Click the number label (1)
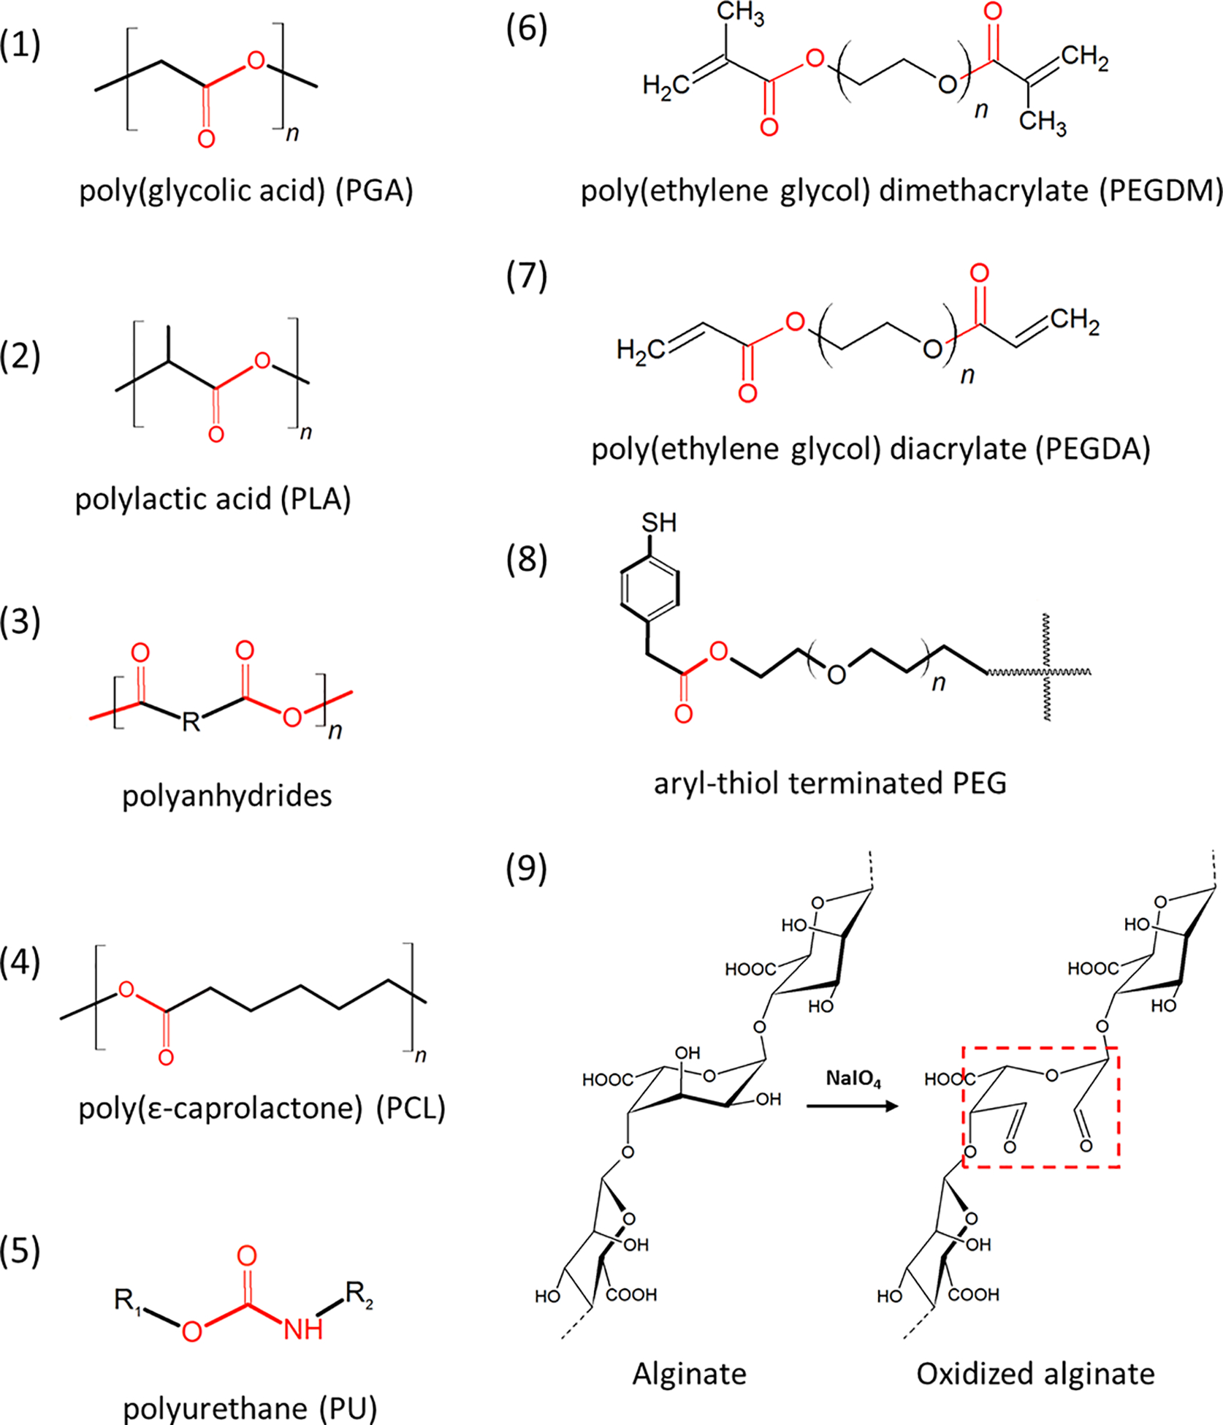coord(20,45)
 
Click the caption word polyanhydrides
coord(226,796)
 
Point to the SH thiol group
coord(658,522)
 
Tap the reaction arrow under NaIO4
coord(852,1106)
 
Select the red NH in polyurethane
coord(303,1329)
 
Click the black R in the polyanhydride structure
coord(191,721)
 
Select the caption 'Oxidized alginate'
coord(1035,1374)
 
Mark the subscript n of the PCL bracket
coord(421,1055)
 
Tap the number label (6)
coord(527,31)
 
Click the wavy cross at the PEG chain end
coord(1047,669)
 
